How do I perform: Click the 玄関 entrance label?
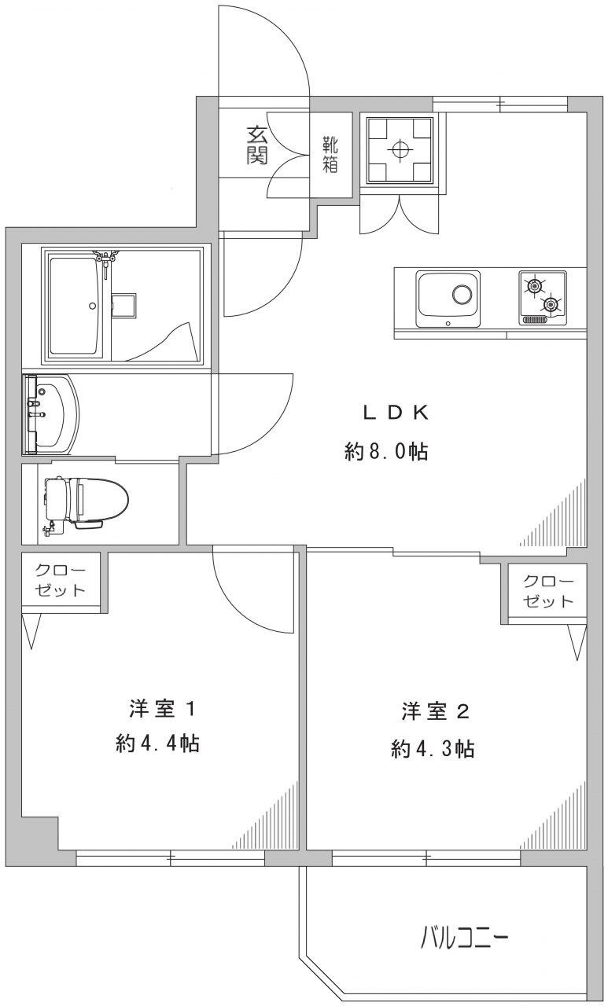coord(257,145)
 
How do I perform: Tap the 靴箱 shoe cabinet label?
coord(330,155)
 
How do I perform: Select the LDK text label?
coord(396,413)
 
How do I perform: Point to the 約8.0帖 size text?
coord(386,451)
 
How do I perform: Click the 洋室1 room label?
coord(163,710)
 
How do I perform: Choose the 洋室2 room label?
coord(436,712)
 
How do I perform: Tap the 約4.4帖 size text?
coord(157,744)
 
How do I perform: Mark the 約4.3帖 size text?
coord(433,749)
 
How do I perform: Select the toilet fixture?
coord(87,502)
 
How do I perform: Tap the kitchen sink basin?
coord(448,299)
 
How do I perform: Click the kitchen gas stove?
coord(543,297)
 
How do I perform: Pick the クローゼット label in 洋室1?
coord(61,581)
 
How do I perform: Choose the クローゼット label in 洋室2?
coord(548,592)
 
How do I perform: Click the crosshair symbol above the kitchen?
coord(400,149)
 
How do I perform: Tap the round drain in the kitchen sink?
coord(462,296)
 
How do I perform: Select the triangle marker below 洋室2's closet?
coord(577,643)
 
